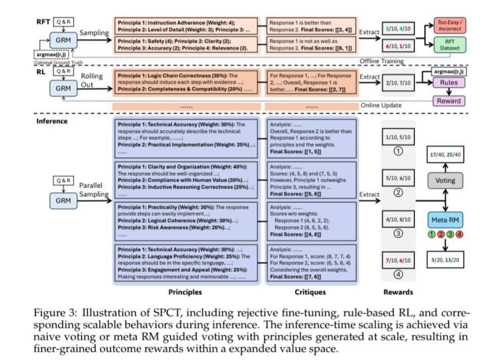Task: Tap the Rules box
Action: click(448, 83)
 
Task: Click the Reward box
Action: click(448, 101)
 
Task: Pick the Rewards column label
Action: click(398, 292)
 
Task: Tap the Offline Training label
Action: click(382, 61)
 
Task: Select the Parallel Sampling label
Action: click(94, 190)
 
